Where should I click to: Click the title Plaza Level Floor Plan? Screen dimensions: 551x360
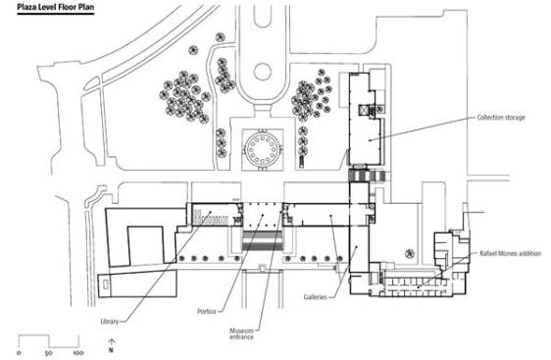(56, 7)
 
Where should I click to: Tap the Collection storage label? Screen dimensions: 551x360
(501, 118)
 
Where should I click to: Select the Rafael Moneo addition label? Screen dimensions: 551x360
(510, 253)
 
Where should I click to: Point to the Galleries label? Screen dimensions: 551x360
(316, 297)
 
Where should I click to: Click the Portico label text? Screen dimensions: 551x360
(207, 312)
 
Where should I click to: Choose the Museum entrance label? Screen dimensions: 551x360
(242, 334)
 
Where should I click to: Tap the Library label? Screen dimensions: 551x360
(109, 322)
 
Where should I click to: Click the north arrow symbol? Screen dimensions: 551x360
(111, 345)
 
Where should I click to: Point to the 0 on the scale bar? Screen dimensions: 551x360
(19, 352)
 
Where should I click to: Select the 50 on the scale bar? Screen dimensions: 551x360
(49, 352)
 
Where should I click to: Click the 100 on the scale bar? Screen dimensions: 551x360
(78, 352)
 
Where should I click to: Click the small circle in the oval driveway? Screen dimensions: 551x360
(263, 72)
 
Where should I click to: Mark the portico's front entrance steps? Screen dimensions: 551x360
(262, 240)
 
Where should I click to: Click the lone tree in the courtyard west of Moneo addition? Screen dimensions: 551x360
(410, 254)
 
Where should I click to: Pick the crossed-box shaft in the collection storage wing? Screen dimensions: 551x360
(364, 111)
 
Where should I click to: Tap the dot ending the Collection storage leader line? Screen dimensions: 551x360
(370, 140)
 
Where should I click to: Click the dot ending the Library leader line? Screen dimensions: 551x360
(210, 212)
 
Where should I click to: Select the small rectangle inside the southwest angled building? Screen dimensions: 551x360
(106, 283)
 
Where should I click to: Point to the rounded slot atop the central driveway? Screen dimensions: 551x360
(263, 17)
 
